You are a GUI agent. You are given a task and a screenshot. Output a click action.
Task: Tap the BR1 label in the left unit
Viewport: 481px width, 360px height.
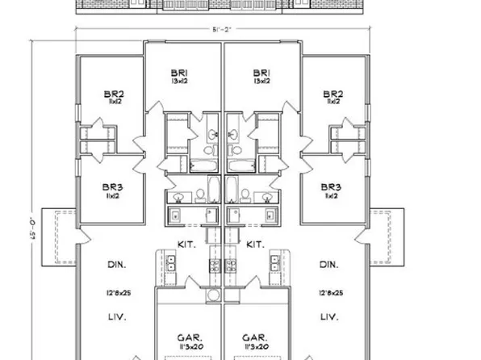[x=182, y=71]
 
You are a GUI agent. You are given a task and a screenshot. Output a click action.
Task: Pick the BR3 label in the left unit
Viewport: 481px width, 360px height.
[x=112, y=186]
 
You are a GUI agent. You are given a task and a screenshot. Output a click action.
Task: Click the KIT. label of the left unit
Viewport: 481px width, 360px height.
[x=186, y=243]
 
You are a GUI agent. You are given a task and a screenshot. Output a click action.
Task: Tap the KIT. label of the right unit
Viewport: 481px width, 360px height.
[x=256, y=243]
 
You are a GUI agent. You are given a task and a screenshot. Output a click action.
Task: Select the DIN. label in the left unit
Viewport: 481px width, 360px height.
[x=119, y=264]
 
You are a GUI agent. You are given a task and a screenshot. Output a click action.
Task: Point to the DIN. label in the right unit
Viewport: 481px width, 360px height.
[x=328, y=264]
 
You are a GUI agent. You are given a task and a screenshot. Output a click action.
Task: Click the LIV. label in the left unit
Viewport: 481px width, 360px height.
[x=119, y=318]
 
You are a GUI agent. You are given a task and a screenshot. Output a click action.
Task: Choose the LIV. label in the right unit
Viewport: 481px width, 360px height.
[x=328, y=318]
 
